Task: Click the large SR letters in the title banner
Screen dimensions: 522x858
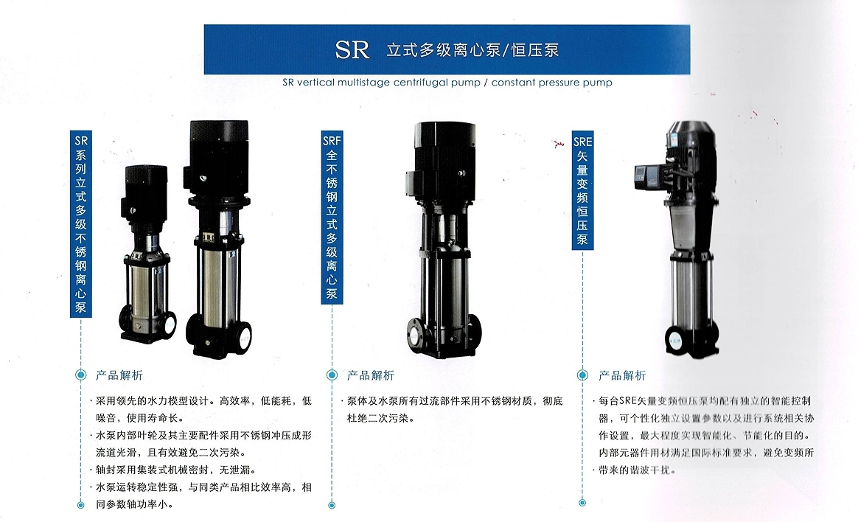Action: coord(352,49)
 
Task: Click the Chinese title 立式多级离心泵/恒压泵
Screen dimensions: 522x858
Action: coord(472,50)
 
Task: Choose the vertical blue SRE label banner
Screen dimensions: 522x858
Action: coord(582,190)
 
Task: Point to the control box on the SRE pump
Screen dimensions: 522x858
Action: coord(649,175)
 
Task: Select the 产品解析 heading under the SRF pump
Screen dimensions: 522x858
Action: coord(371,375)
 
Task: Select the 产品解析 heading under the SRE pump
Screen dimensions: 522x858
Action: coord(622,375)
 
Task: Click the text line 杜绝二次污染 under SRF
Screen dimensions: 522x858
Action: coord(380,418)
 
